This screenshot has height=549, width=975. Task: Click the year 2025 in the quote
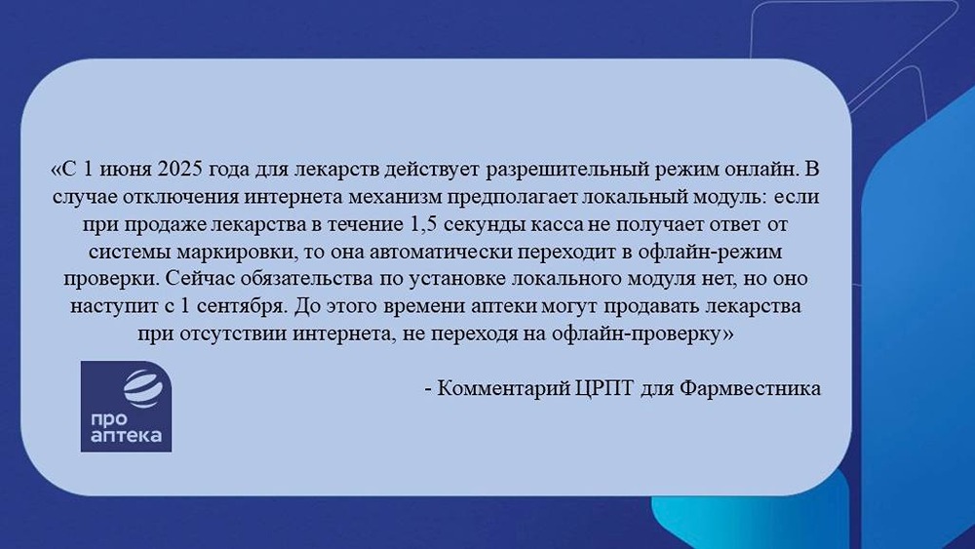(180, 169)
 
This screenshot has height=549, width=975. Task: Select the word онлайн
(760, 169)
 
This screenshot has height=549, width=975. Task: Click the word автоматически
(442, 253)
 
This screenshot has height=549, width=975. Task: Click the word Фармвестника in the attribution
(750, 388)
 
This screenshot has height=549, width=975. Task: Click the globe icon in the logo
(143, 387)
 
